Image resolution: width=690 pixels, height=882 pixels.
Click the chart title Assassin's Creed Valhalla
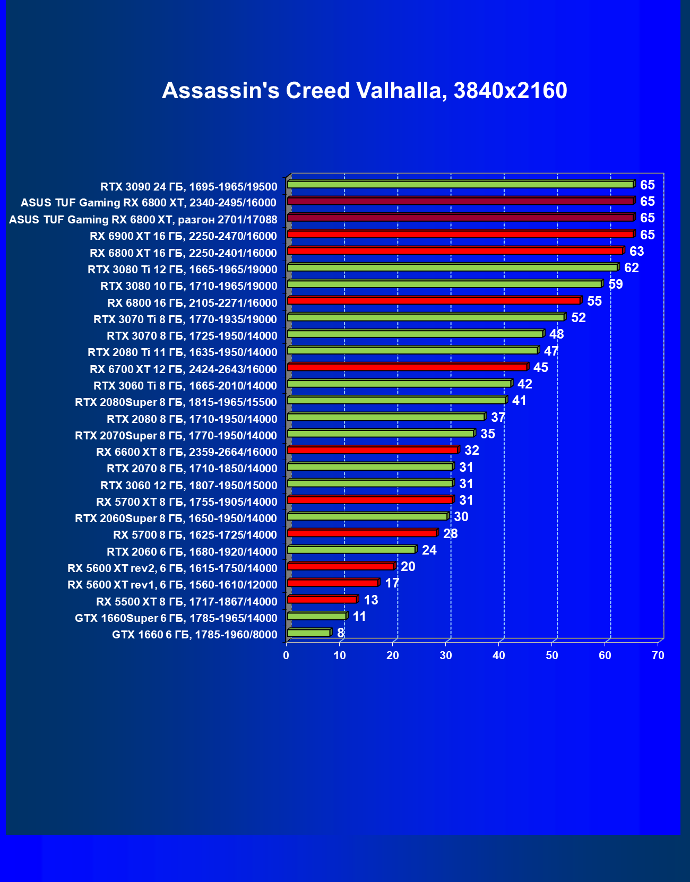(365, 91)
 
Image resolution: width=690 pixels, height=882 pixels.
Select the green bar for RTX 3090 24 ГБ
(460, 185)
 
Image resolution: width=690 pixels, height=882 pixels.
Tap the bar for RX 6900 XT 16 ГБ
(460, 235)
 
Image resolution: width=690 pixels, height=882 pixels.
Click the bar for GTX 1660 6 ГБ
(309, 633)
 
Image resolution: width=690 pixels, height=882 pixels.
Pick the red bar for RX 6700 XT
(407, 367)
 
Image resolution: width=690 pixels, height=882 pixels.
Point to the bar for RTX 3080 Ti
(452, 267)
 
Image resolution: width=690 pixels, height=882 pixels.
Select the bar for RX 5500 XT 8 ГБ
(322, 600)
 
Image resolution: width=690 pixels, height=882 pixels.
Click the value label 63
(636, 252)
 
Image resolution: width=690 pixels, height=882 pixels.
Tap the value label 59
(616, 284)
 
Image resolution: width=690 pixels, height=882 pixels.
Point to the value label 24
(429, 550)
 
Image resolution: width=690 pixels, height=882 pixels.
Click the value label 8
(341, 633)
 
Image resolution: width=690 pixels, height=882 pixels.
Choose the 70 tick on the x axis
(658, 656)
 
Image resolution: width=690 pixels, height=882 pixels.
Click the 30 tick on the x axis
(446, 656)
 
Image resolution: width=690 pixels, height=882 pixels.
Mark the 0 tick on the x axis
(286, 656)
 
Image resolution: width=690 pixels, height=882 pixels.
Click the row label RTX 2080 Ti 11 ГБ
(183, 352)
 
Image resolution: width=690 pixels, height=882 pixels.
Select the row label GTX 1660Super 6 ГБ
(176, 618)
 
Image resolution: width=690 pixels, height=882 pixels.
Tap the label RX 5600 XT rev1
(172, 585)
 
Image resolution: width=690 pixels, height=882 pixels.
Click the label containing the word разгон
(143, 220)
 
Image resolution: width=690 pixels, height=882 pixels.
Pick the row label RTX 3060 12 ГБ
(189, 486)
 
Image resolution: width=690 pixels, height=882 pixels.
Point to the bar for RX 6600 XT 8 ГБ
(373, 450)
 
